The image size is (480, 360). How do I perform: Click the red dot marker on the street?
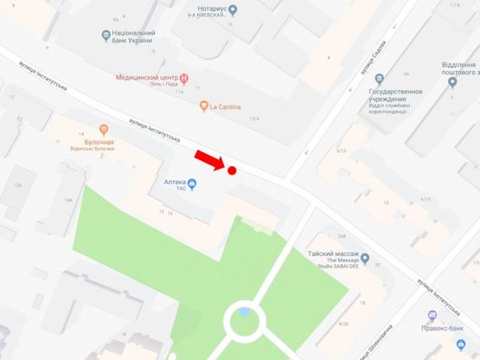(x=232, y=170)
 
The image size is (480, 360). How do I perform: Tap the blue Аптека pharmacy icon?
(x=192, y=183)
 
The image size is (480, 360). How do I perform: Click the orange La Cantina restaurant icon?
(x=203, y=106)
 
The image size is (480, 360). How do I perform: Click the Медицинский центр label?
(x=146, y=77)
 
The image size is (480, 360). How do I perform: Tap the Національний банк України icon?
(x=106, y=35)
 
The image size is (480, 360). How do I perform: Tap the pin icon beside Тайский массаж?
(x=366, y=259)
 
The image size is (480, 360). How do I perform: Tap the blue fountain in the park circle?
(x=245, y=312)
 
